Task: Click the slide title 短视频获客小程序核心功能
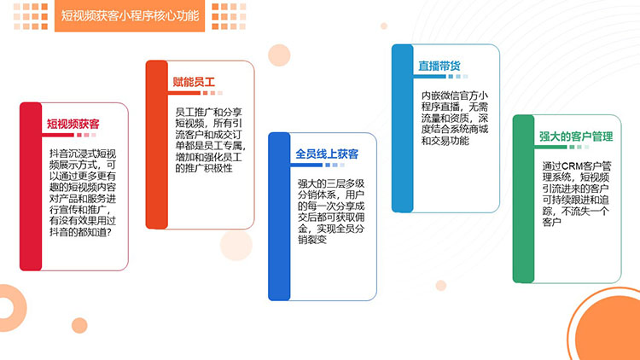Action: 130,16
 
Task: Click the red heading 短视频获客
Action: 73,124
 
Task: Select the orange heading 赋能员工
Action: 194,82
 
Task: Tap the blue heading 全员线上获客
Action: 327,154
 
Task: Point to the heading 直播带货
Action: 439,66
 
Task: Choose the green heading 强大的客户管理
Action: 576,136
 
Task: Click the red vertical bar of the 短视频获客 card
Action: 31,186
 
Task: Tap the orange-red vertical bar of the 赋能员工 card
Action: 157,144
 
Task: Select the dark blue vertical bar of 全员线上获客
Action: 279,217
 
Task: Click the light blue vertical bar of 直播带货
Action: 403,128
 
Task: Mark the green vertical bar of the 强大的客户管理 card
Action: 524,199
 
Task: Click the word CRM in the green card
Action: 572,166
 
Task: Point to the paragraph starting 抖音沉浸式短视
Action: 83,193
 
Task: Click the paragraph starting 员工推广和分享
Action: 210,140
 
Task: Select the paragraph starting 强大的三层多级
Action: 331,212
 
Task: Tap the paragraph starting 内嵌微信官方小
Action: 455,118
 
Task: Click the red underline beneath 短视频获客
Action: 57,135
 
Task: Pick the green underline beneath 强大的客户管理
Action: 550,147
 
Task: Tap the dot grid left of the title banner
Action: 31,16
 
